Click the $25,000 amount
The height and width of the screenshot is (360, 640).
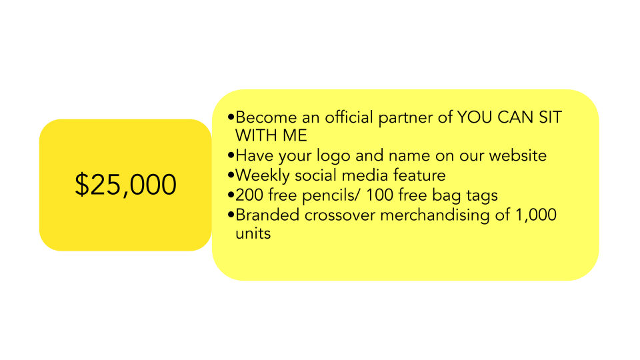[x=125, y=185]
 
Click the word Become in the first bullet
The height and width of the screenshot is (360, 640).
[x=266, y=117]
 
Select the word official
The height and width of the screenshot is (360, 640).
[x=349, y=117]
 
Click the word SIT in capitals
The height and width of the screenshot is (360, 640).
[x=551, y=117]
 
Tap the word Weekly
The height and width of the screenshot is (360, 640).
[x=263, y=176]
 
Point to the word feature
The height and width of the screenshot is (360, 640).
[x=419, y=175]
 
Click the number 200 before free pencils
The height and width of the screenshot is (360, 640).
[x=249, y=195]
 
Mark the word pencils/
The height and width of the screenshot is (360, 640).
[x=331, y=196]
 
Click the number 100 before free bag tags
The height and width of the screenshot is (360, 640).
[x=379, y=195]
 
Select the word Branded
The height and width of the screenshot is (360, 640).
[x=267, y=215]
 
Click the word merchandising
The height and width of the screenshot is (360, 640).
[x=435, y=216]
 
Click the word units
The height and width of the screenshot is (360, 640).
[x=253, y=233]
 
